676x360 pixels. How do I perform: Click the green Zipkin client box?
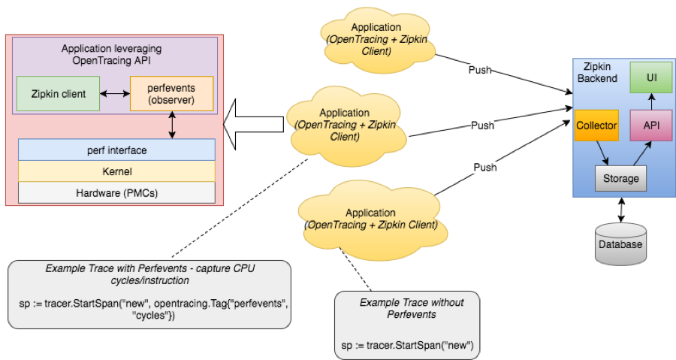(59, 94)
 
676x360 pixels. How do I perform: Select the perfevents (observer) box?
(171, 94)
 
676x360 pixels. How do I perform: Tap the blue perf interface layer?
(116, 150)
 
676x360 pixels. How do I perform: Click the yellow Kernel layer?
(116, 171)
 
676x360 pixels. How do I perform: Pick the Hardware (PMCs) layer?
(116, 192)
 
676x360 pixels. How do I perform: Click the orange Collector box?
(596, 126)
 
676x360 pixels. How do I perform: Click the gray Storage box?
(620, 178)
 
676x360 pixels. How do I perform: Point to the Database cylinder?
(620, 243)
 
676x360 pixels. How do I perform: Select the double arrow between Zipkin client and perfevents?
(115, 94)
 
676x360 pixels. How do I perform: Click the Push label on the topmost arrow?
(479, 70)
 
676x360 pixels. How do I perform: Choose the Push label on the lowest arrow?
(484, 167)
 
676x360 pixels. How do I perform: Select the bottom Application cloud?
(370, 219)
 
